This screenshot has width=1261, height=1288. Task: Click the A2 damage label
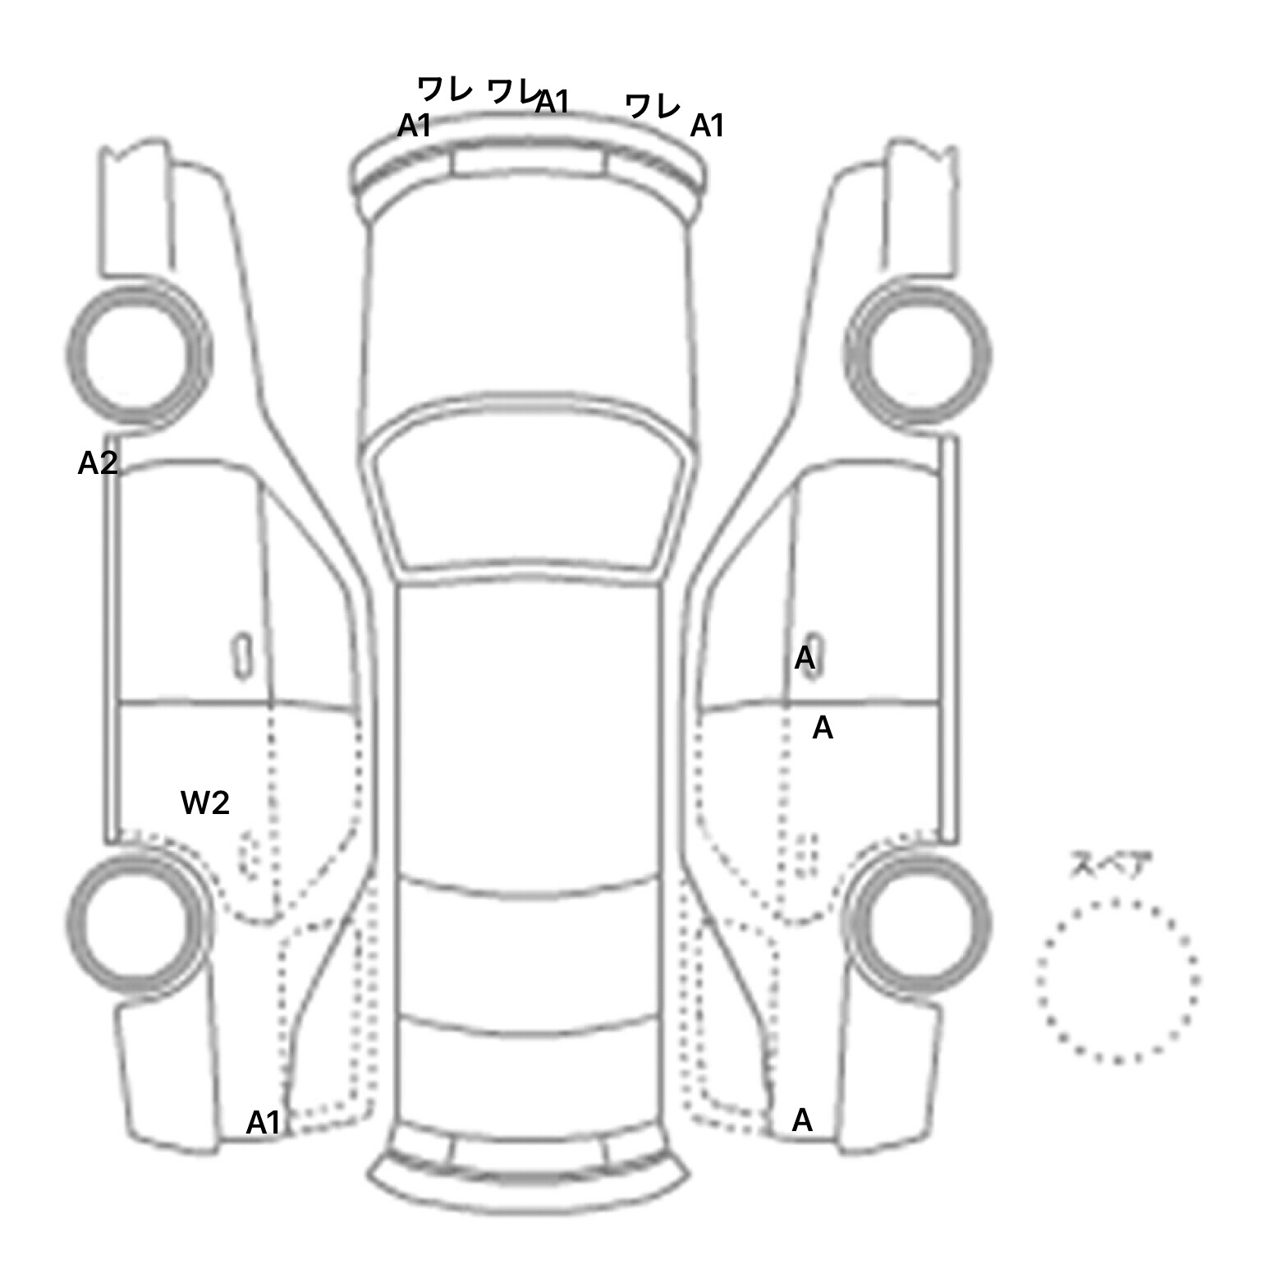coord(98,464)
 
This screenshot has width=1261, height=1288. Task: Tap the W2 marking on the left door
coord(204,803)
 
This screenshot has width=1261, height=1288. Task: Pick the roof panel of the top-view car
coord(530,731)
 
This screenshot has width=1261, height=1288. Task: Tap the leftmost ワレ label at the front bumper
coord(444,88)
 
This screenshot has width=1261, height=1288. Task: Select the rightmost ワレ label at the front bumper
coord(653,106)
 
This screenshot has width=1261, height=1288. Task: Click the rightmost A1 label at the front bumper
coord(708,126)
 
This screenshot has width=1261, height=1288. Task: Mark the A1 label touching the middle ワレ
coord(553,103)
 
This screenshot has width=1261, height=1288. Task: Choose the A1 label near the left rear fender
coord(264,1123)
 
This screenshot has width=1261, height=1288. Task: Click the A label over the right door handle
coord(805,658)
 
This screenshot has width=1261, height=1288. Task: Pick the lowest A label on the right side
coord(802,1120)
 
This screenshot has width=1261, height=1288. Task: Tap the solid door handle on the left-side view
coord(241,655)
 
